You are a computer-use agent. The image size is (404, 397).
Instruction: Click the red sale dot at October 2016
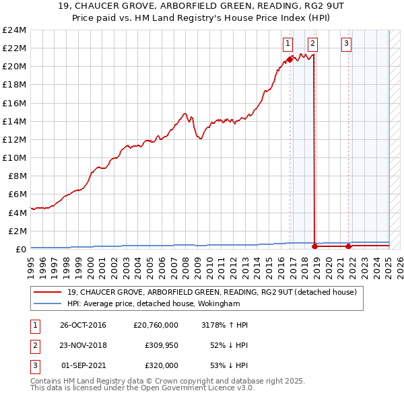pos(290,59)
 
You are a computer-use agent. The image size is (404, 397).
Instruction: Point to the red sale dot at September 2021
pos(348,246)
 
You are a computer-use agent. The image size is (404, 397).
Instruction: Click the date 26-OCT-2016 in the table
pos(83,325)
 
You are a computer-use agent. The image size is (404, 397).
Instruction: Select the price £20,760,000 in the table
pos(156,325)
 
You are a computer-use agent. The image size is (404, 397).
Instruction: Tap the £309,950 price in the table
pos(162,345)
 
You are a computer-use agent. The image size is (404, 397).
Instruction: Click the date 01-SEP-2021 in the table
pos(84,365)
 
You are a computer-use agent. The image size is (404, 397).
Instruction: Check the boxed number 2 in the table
pos(34,345)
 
